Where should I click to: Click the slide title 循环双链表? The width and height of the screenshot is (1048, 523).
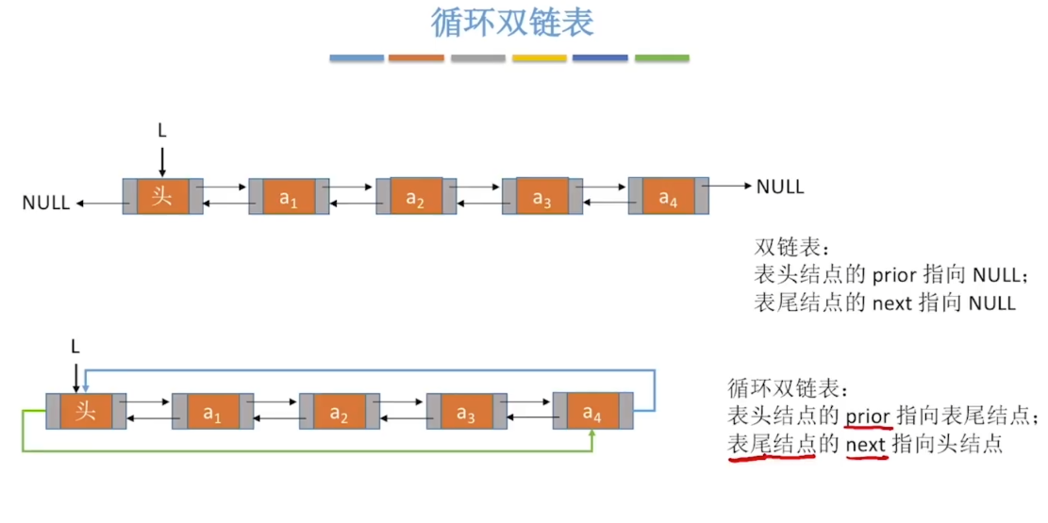[512, 23]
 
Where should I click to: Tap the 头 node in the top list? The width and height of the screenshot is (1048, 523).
[162, 196]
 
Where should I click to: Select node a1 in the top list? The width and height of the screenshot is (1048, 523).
[289, 197]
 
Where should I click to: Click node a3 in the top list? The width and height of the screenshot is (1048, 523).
[541, 197]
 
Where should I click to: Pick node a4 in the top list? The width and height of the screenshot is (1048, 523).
[668, 197]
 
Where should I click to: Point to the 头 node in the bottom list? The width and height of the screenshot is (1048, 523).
[86, 412]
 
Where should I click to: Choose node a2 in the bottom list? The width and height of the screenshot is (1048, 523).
[339, 413]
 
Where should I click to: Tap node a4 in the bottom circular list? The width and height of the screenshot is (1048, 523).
[591, 412]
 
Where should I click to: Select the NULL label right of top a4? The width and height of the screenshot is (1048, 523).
[780, 187]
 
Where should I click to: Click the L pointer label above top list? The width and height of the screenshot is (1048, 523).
[162, 131]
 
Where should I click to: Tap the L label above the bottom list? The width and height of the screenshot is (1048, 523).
[75, 347]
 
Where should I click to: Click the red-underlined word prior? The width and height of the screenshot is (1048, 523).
[867, 416]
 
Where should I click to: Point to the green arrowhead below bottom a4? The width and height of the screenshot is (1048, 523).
[591, 435]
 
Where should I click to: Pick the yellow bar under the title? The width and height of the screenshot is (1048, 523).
[539, 58]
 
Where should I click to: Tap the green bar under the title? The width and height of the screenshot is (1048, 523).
[661, 58]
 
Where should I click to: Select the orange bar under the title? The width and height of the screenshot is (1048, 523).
[416, 58]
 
